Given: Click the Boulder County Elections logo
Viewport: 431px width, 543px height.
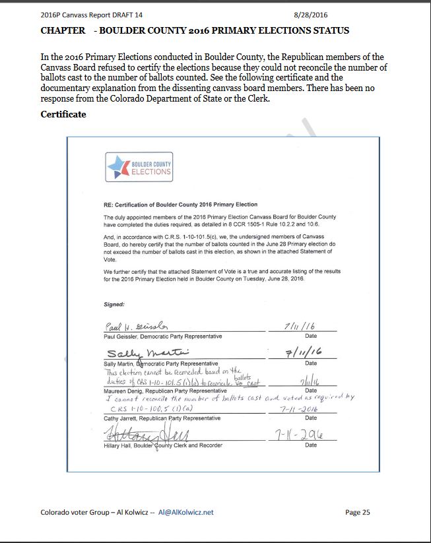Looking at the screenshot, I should pos(139,167).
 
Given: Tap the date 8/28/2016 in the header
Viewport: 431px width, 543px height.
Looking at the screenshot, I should pos(310,15).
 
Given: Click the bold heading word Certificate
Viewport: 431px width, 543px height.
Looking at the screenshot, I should pos(63,114).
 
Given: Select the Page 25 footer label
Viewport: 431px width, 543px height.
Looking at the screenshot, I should pos(361,512).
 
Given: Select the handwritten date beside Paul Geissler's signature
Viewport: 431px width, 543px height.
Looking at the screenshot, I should pos(301,326).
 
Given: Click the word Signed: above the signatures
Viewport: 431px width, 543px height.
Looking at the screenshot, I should pos(115,305).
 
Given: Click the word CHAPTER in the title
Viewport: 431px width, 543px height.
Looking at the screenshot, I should pos(63,30).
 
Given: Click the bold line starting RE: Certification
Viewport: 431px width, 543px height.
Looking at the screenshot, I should pos(180,205).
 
